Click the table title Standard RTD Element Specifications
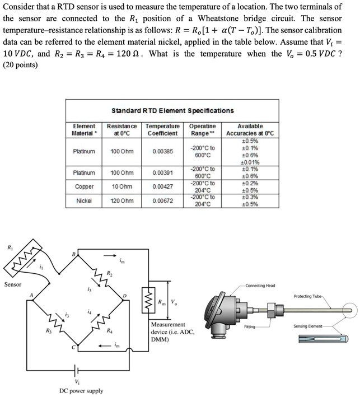pyautogui.click(x=172, y=111)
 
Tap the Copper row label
pyautogui.click(x=84, y=186)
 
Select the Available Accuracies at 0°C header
pyautogui.click(x=250, y=130)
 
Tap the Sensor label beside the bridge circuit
pyautogui.click(x=13, y=284)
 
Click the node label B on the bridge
pyautogui.click(x=72, y=255)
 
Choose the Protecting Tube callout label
pyautogui.click(x=307, y=296)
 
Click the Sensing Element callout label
pyautogui.click(x=307, y=325)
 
